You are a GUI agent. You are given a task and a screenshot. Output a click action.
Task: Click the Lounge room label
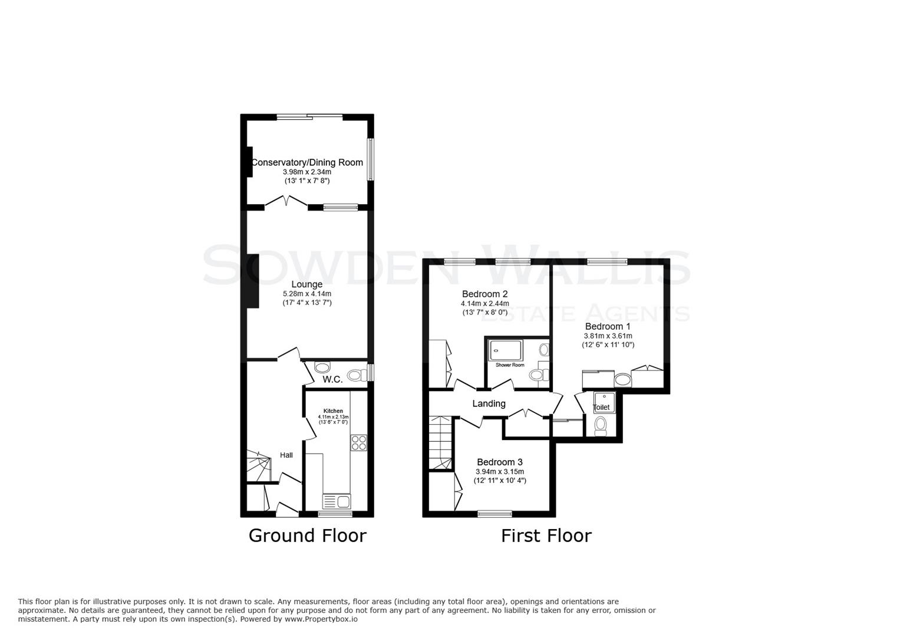306,284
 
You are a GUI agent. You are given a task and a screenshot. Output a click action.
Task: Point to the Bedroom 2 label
484,294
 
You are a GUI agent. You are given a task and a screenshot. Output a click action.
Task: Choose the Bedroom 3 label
499,462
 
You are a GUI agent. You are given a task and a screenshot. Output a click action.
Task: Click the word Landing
489,403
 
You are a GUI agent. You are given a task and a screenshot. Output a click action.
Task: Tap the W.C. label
332,379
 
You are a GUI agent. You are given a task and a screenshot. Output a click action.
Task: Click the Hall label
286,455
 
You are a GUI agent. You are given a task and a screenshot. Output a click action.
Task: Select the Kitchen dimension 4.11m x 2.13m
333,416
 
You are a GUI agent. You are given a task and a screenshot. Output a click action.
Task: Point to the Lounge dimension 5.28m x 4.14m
306,294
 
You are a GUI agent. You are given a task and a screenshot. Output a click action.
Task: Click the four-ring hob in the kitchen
358,442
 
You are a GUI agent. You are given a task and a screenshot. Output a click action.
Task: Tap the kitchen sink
337,502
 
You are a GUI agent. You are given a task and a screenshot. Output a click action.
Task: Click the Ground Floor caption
307,536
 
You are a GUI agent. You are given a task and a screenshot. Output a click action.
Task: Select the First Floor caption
546,536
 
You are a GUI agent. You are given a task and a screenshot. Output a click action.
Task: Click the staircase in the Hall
258,466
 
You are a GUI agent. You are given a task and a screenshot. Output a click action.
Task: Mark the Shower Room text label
509,365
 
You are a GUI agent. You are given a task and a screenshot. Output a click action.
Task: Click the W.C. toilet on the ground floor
356,375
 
